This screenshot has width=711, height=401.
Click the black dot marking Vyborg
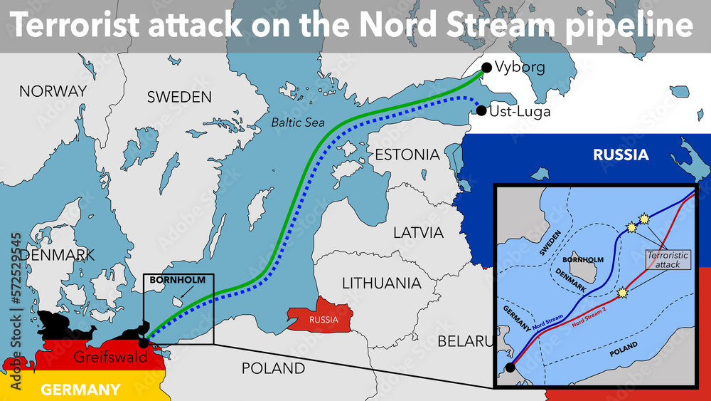486,68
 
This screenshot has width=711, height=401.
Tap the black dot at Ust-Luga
481,111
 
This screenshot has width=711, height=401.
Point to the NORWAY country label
53,91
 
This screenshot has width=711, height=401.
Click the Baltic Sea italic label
298,123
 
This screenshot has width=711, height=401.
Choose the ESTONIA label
407,155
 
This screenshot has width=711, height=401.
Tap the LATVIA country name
418,233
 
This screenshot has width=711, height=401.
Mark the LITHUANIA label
381,283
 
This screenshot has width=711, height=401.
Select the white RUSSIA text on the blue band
621,155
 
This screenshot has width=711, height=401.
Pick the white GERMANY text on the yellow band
80,390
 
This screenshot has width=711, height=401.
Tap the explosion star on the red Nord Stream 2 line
623,292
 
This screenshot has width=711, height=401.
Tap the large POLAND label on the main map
273,368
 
